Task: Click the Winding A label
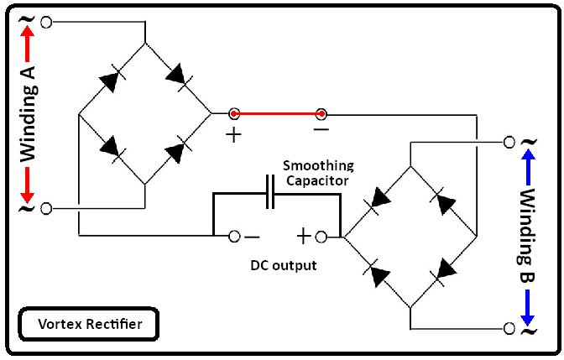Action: point(27,115)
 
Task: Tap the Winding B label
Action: point(527,236)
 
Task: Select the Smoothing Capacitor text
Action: point(318,172)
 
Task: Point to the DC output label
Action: point(284,265)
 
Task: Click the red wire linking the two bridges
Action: point(277,113)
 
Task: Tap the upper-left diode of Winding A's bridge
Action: point(110,79)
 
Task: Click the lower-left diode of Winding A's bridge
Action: point(110,146)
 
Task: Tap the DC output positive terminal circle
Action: point(331,237)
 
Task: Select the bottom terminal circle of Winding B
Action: point(509,328)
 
